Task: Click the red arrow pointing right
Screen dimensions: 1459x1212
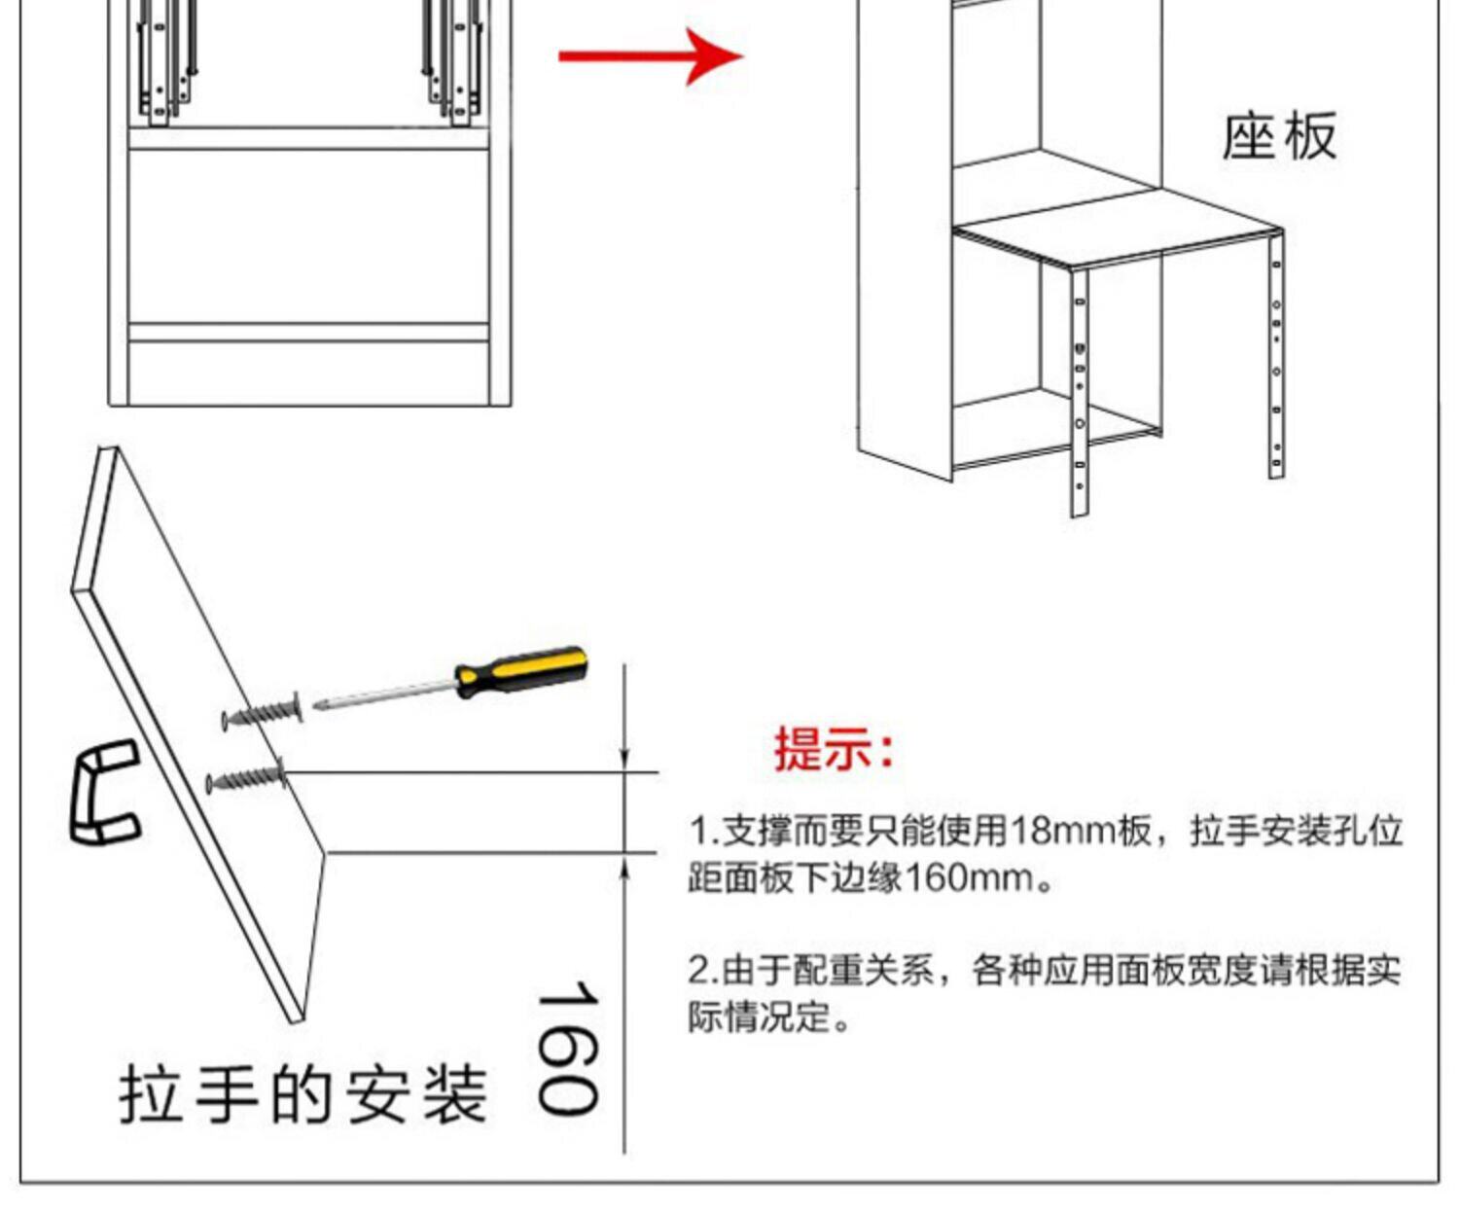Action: pos(650,56)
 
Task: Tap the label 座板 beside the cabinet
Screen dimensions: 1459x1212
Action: pos(1279,135)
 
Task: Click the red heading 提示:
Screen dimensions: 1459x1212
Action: pos(834,749)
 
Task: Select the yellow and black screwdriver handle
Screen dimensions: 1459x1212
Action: pos(521,671)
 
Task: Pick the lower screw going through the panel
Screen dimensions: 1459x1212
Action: pos(246,777)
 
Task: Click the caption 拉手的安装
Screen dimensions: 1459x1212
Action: pos(303,1094)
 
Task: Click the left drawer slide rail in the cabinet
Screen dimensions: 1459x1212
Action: pos(166,63)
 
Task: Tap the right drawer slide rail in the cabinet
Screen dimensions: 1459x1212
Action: pos(452,63)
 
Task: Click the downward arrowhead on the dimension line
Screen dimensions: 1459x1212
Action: pos(625,760)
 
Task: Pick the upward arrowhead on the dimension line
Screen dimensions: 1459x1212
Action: pos(625,866)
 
